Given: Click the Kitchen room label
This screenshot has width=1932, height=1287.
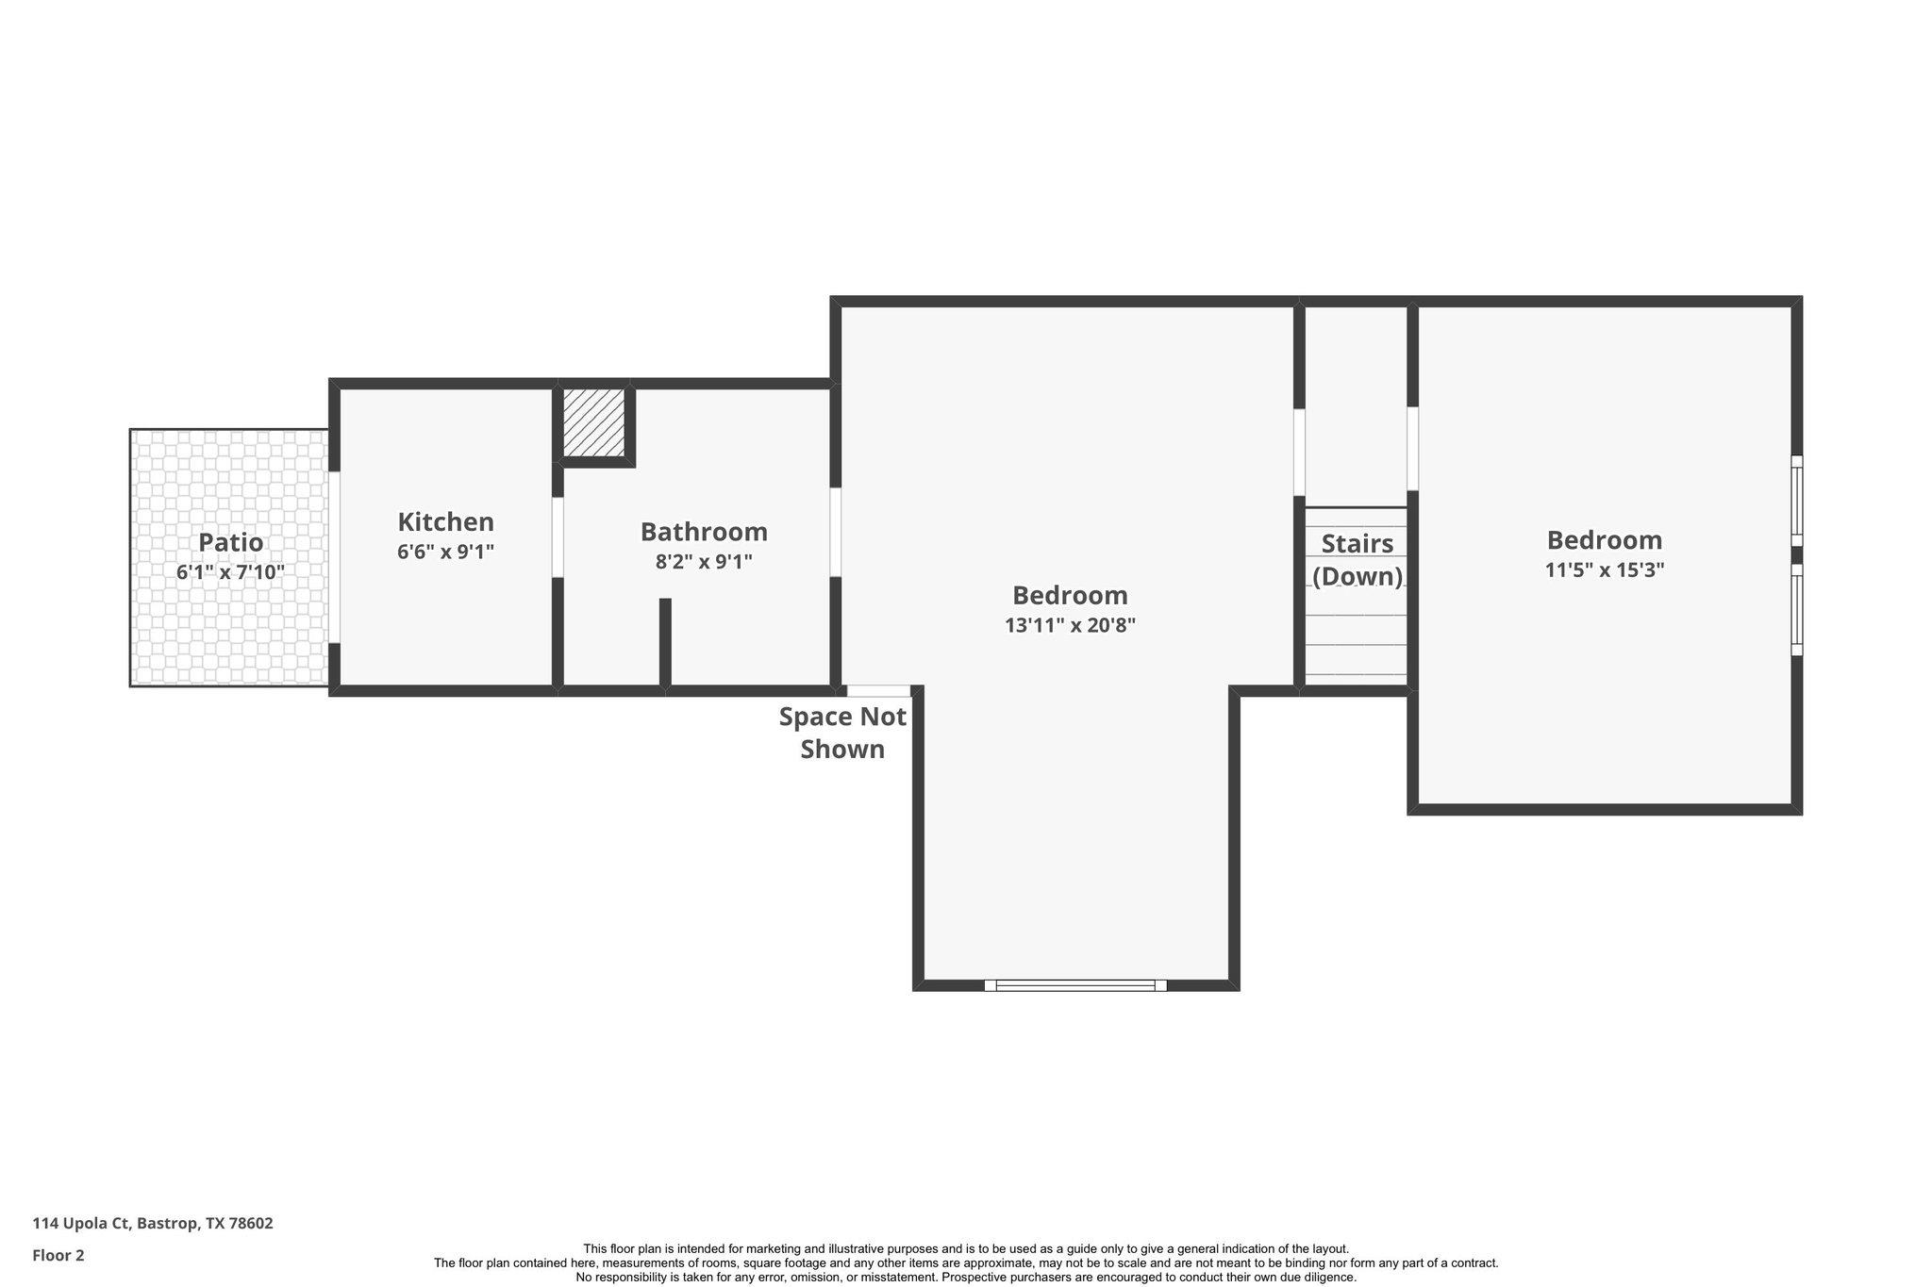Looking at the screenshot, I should pyautogui.click(x=445, y=522).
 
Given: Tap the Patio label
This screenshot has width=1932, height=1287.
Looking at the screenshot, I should pyautogui.click(x=230, y=543).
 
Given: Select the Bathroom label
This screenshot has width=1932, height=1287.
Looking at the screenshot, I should pyautogui.click(x=704, y=533).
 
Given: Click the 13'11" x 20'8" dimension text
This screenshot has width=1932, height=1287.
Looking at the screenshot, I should pyautogui.click(x=1070, y=625).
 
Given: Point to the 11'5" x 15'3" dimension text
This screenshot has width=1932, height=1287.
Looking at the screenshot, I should pyautogui.click(x=1604, y=570).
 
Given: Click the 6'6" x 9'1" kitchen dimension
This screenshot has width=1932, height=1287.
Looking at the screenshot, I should pyautogui.click(x=445, y=552).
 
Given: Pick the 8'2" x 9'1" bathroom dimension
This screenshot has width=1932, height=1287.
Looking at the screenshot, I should pyautogui.click(x=704, y=562).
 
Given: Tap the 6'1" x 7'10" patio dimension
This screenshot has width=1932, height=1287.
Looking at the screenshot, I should pyautogui.click(x=230, y=572).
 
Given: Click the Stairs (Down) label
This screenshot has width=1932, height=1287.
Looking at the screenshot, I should pyautogui.click(x=1357, y=560).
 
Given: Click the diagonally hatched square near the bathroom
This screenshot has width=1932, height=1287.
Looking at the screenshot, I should pyautogui.click(x=593, y=422).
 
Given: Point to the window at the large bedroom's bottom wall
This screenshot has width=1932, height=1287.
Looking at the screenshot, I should pyautogui.click(x=1075, y=985).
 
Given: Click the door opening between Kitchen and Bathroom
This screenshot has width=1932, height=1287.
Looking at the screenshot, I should pyautogui.click(x=558, y=537).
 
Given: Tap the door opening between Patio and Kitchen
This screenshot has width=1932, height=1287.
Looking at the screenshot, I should pyautogui.click(x=334, y=556).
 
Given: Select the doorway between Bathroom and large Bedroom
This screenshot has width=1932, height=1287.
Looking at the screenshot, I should pyautogui.click(x=835, y=532).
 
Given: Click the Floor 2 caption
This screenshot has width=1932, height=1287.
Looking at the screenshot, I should pyautogui.click(x=58, y=1255).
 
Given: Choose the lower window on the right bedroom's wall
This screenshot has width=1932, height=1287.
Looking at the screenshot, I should pyautogui.click(x=1797, y=609).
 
